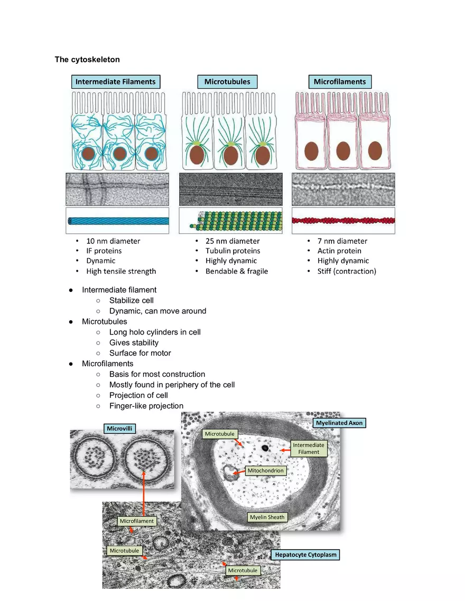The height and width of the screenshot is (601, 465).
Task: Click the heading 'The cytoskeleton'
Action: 87,59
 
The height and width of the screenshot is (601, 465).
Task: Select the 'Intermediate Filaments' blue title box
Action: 116,82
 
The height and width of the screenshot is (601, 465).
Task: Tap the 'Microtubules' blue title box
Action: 227,82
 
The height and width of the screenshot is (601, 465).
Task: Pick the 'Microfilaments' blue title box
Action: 340,82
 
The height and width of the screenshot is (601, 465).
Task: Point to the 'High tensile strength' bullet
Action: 121,271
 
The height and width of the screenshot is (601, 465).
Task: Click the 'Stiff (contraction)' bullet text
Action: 347,271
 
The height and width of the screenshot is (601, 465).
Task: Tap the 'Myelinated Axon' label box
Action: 339,423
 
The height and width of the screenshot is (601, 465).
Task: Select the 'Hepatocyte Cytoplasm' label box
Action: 305,555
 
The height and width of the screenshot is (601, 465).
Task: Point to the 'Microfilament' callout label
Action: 136,521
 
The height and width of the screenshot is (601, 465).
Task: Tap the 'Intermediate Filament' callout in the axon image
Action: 309,449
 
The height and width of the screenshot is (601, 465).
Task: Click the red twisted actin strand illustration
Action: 343,221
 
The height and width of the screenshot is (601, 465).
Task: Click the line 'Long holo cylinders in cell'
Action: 155,332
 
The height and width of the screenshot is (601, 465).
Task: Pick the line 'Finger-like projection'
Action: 146,406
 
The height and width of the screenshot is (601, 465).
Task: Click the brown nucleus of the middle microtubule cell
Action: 230,155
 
